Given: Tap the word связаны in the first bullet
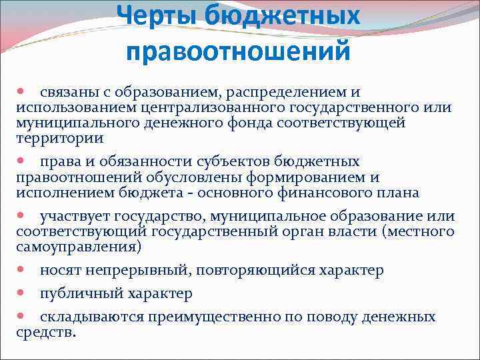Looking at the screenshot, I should point(67,91).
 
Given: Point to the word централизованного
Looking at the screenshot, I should point(211,107).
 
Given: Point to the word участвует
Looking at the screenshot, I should point(75,216).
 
